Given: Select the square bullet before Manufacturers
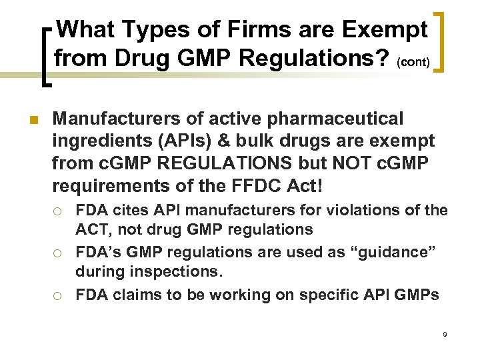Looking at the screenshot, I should (x=29, y=120).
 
